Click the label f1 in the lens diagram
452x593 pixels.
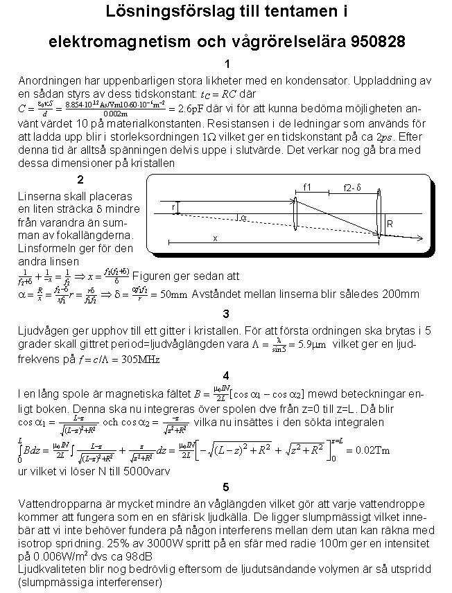tap(308, 186)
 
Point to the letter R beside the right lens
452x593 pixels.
tap(390, 224)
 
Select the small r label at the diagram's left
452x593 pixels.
tap(173, 207)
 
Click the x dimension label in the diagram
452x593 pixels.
tap(215, 238)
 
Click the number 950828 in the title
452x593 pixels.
tap(372, 42)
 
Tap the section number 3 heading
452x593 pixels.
tap(226, 314)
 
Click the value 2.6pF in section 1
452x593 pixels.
tap(191, 109)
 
